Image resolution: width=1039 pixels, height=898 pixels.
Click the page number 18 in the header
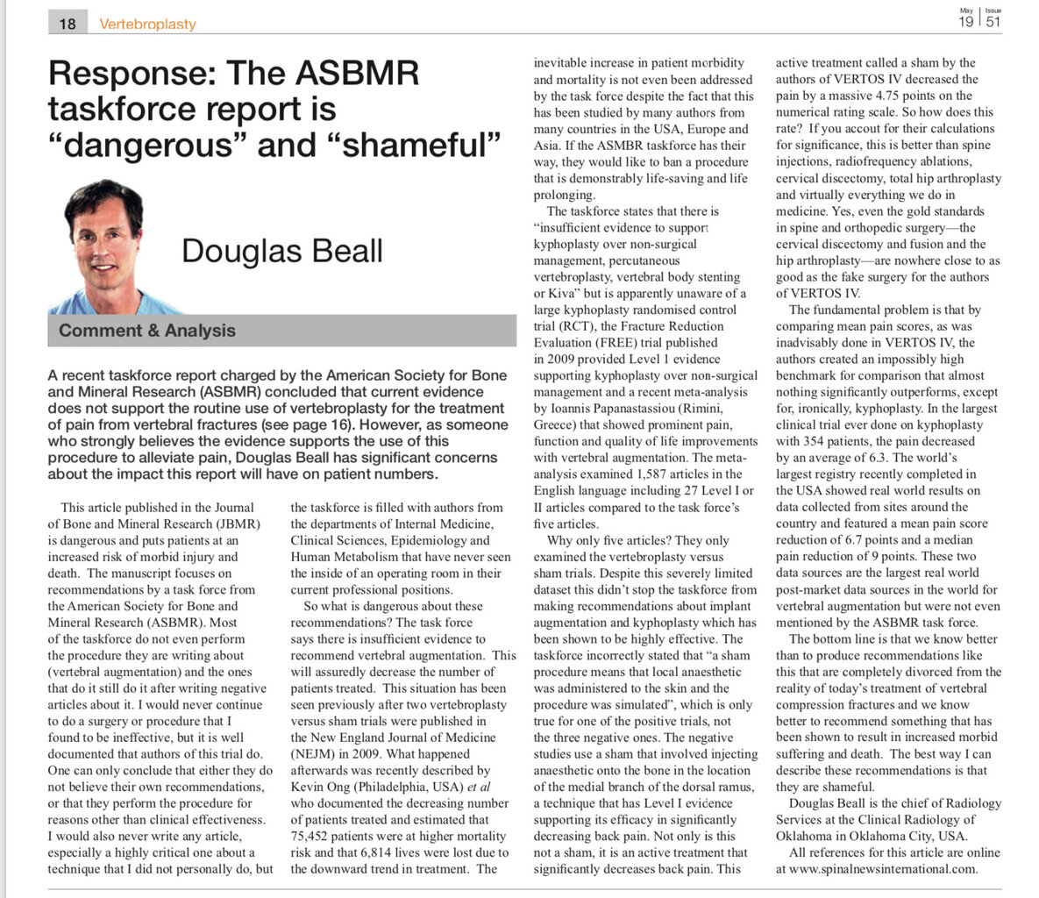[68, 24]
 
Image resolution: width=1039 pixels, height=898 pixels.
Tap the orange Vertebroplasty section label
[147, 25]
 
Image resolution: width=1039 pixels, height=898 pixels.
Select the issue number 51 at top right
[993, 23]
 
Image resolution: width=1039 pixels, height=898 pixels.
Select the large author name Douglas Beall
[281, 251]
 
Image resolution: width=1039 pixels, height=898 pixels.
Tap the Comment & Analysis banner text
[147, 331]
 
